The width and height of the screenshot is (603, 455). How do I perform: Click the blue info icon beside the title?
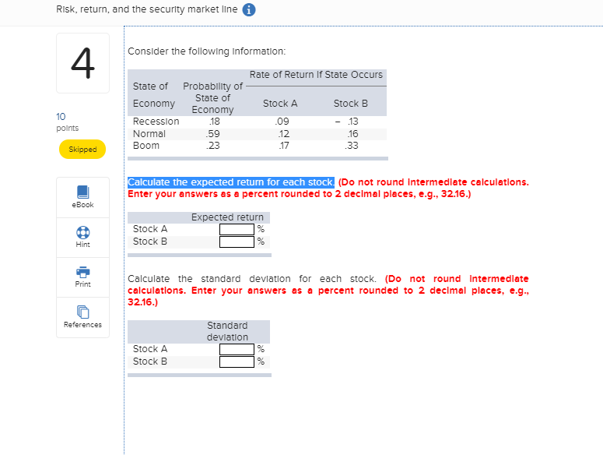(x=251, y=11)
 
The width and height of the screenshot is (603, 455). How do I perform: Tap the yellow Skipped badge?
(x=82, y=149)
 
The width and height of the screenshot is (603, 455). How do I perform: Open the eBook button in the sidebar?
(x=82, y=196)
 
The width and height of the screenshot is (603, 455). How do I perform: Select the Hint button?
(x=82, y=237)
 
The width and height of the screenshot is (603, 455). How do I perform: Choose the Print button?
(x=82, y=277)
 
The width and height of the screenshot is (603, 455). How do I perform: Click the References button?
(x=82, y=317)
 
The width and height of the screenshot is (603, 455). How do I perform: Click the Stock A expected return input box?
(x=237, y=229)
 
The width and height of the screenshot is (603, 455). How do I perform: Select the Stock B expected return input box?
(x=237, y=242)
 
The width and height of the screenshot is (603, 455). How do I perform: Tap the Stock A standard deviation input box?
(x=237, y=349)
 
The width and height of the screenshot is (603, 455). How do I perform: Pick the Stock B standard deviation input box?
(x=237, y=362)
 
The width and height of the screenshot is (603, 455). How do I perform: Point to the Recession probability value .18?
(x=212, y=122)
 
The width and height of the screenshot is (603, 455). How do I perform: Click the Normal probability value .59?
(x=212, y=133)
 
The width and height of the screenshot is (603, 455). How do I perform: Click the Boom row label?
(x=146, y=146)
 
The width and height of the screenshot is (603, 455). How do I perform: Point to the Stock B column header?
(x=350, y=104)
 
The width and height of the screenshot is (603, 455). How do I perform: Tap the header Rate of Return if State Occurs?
(x=316, y=75)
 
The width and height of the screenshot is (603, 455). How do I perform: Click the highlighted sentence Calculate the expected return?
(x=231, y=182)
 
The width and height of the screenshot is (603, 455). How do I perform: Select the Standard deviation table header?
(x=227, y=331)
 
